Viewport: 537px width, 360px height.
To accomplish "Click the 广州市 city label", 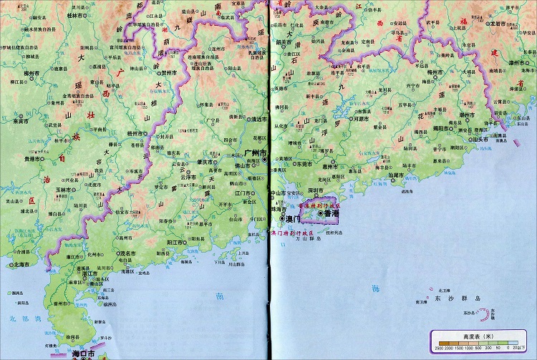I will (x=254, y=153).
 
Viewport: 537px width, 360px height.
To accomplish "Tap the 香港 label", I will (x=332, y=213).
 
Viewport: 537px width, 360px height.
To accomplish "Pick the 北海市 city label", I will (x=22, y=265).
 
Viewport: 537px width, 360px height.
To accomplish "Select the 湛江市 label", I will (x=89, y=273).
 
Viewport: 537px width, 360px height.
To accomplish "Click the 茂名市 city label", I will (x=127, y=253).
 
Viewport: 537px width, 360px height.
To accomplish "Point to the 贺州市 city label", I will (x=170, y=72).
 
